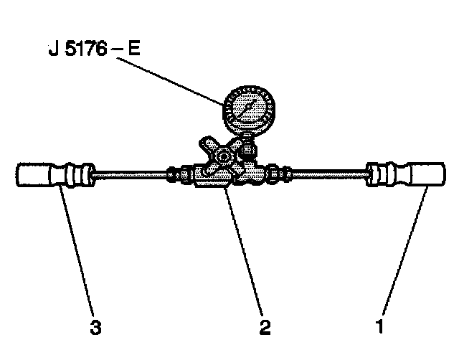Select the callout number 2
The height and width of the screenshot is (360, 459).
pyautogui.click(x=265, y=326)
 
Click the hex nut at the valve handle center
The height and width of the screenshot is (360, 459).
pyautogui.click(x=224, y=156)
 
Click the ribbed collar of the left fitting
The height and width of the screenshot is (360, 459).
pyautogui.click(x=76, y=176)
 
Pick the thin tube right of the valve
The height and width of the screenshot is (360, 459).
pyautogui.click(x=326, y=174)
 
